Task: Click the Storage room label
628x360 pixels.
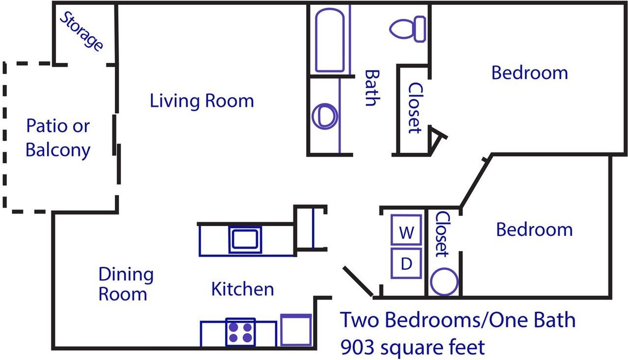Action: [81, 31]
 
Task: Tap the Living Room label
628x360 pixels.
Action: [202, 101]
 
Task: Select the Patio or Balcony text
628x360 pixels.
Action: [58, 138]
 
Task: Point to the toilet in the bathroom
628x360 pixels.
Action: [408, 29]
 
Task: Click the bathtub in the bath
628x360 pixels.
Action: [330, 40]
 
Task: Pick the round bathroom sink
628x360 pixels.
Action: [325, 116]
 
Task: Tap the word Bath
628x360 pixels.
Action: [372, 88]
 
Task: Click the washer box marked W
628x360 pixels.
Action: [406, 230]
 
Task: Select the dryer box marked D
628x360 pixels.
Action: [406, 263]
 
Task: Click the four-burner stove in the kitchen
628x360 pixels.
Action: [240, 332]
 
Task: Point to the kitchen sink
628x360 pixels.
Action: [245, 239]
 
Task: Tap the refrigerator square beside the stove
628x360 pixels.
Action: [296, 330]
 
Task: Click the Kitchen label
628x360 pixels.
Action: [242, 289]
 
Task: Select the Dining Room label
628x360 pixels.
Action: [126, 284]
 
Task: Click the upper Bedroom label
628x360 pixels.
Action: [529, 73]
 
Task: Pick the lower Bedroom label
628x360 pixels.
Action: [534, 230]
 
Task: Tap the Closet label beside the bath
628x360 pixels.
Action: [415, 108]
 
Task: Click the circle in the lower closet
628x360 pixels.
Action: [444, 282]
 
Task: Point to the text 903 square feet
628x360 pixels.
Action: [413, 347]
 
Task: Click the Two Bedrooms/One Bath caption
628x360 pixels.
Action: [458, 320]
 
